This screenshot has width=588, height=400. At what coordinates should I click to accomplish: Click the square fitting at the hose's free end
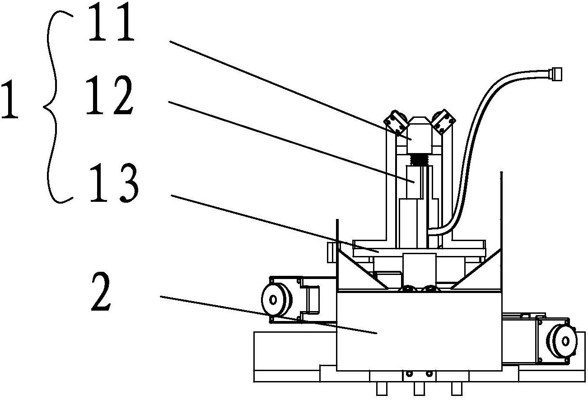point(555,74)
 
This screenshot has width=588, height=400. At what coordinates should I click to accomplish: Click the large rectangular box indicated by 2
point(419,332)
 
